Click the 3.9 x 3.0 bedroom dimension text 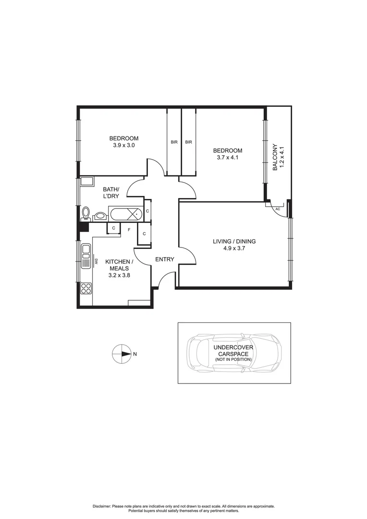(123, 146)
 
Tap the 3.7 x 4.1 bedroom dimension (228, 157)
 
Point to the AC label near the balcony (278, 209)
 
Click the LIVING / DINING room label (234, 241)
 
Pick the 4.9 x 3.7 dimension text (234, 249)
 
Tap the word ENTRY (165, 259)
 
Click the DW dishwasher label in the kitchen (96, 261)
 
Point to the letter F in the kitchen (129, 230)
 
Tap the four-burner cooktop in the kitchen (86, 288)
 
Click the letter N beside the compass (135, 355)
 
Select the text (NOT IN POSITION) (234, 359)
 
